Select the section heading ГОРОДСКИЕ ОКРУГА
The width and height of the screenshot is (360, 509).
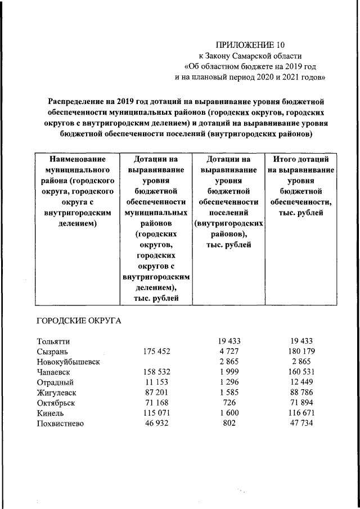79,321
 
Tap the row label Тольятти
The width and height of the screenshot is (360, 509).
53,341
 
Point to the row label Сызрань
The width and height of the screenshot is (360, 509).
52,352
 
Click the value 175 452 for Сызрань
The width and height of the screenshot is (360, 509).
154,352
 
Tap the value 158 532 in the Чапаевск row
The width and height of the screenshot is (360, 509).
154,372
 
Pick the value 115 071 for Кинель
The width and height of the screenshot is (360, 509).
154,413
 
